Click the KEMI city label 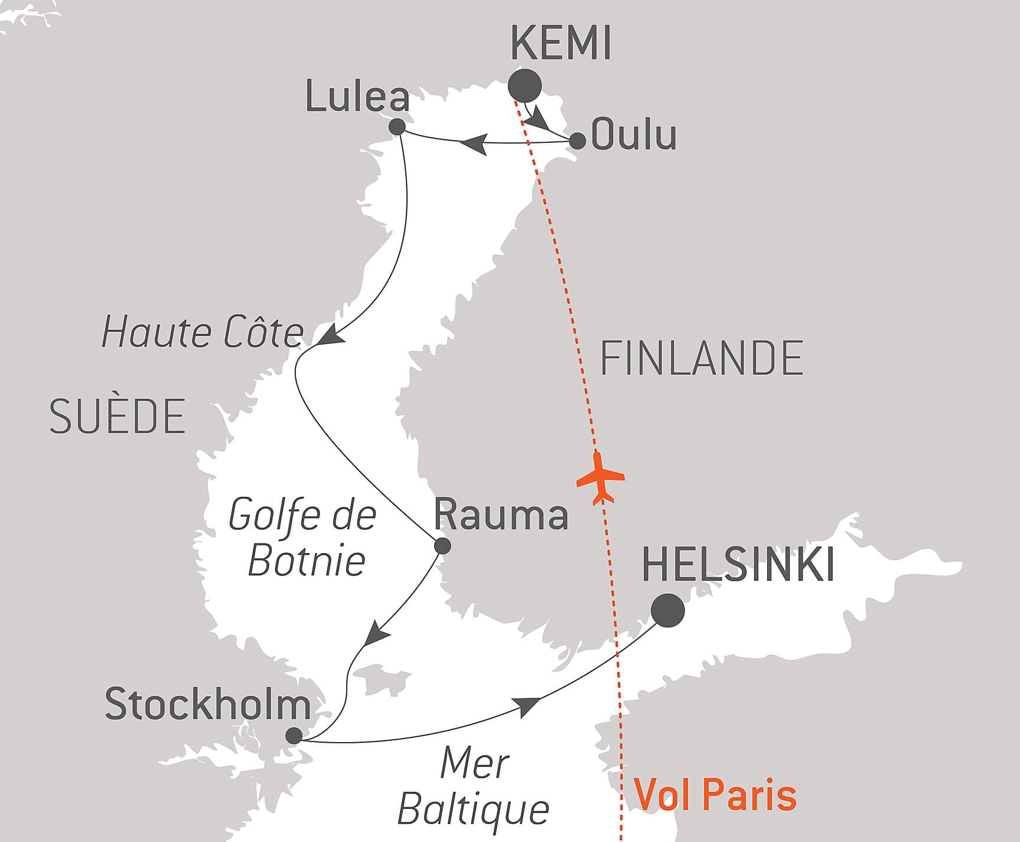(x=560, y=44)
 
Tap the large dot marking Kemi (x=525, y=86)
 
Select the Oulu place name (x=634, y=135)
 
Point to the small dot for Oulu (x=577, y=141)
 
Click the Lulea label (x=357, y=97)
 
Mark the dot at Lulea (x=397, y=126)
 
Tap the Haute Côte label (x=203, y=332)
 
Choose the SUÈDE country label (x=118, y=417)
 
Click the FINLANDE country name (x=702, y=359)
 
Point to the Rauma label (x=501, y=515)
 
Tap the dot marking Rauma (x=442, y=546)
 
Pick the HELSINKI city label (x=738, y=565)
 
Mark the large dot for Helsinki (x=668, y=610)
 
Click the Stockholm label (x=208, y=704)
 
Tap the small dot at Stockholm (x=294, y=736)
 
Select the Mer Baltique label (x=474, y=786)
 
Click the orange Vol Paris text (x=715, y=795)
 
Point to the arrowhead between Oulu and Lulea (x=474, y=144)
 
